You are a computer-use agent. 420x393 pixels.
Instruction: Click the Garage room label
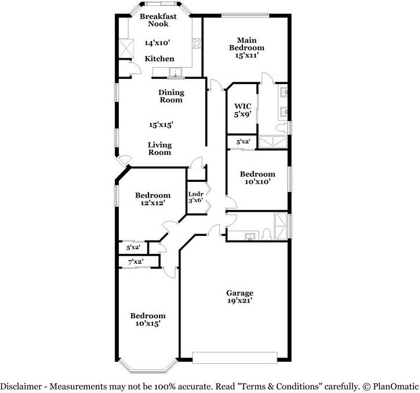(240, 293)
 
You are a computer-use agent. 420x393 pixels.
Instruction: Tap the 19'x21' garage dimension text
(240, 301)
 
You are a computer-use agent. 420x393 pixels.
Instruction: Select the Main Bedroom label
(247, 44)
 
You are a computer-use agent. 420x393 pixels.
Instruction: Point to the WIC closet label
(242, 106)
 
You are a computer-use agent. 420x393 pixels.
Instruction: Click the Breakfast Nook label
(158, 20)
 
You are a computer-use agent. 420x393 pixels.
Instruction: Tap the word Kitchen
(160, 59)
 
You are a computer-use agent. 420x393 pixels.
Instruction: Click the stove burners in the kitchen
(196, 43)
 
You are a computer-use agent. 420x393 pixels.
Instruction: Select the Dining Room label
(171, 96)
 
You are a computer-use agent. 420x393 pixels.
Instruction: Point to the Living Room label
(160, 148)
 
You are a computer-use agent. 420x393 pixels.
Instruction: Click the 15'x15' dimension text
(161, 125)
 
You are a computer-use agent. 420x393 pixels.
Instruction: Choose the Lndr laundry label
(196, 194)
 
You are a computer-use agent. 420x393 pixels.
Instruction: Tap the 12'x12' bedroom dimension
(153, 203)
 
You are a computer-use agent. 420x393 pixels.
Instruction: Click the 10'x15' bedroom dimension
(148, 323)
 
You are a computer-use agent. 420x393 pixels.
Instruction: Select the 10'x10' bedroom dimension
(258, 181)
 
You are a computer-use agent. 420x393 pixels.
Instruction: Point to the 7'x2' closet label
(136, 262)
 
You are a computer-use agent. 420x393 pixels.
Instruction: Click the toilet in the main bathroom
(281, 128)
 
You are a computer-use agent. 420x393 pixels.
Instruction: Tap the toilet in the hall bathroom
(266, 234)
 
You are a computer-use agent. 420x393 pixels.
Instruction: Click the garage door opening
(234, 358)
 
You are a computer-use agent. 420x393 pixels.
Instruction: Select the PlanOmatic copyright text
(390, 387)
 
